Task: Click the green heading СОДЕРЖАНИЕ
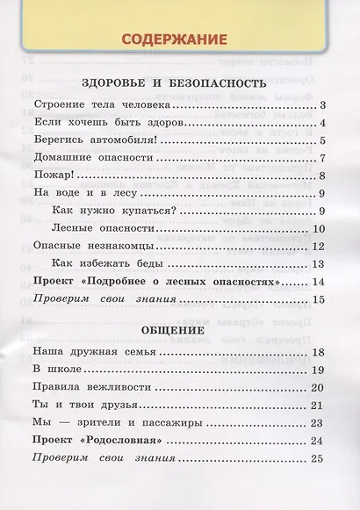(174, 40)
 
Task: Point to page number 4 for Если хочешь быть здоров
(323, 124)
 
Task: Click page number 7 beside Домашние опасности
(323, 159)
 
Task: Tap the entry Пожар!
(52, 176)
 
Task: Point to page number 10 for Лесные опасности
(320, 229)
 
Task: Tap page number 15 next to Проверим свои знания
(320, 300)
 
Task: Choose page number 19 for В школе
(320, 370)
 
